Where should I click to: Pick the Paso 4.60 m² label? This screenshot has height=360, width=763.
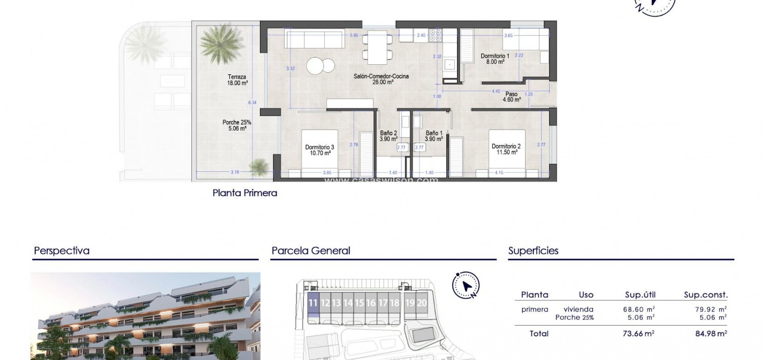pyautogui.click(x=511, y=96)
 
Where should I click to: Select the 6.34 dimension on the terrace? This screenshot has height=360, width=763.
pyautogui.click(x=252, y=102)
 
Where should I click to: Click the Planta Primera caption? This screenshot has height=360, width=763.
pyautogui.click(x=245, y=193)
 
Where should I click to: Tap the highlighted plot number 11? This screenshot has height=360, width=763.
pyautogui.click(x=313, y=303)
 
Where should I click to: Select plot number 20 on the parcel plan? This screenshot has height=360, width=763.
pyautogui.click(x=422, y=303)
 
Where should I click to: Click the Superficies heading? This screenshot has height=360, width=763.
pyautogui.click(x=533, y=251)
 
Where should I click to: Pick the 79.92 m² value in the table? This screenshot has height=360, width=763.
pyautogui.click(x=710, y=309)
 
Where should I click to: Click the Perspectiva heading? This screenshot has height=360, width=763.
pyautogui.click(x=61, y=251)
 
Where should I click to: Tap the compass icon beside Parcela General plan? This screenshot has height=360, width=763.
pyautogui.click(x=466, y=285)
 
